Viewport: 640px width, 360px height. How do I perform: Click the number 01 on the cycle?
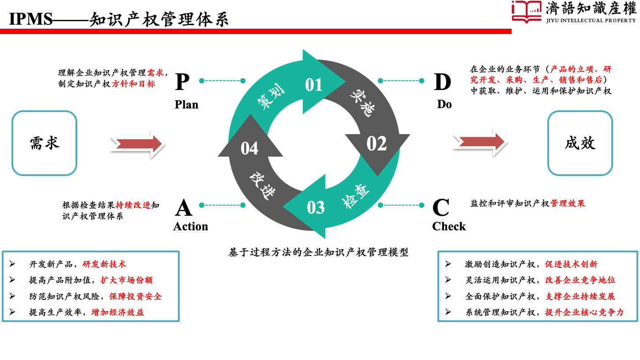click(x=314, y=85)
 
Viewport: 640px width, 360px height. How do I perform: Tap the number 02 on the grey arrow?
click(x=376, y=144)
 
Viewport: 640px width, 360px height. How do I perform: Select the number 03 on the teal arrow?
click(x=316, y=207)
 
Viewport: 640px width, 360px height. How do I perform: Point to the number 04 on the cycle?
click(x=249, y=148)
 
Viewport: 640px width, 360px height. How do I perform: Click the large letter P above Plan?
click(x=182, y=82)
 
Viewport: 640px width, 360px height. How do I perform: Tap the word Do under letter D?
click(x=444, y=105)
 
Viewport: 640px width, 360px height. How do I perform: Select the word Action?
click(x=190, y=226)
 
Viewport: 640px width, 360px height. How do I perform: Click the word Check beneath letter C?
click(x=449, y=226)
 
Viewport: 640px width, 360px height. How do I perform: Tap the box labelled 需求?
click(x=44, y=143)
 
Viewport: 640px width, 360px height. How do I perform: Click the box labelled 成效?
click(x=580, y=143)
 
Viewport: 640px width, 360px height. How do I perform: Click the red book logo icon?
click(x=527, y=11)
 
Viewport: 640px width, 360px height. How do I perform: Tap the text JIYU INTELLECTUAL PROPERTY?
click(x=591, y=20)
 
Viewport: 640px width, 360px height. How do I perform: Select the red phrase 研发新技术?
click(x=104, y=264)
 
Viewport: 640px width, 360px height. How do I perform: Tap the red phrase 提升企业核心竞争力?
click(x=584, y=312)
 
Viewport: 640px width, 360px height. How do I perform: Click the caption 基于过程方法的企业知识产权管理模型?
click(x=318, y=252)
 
